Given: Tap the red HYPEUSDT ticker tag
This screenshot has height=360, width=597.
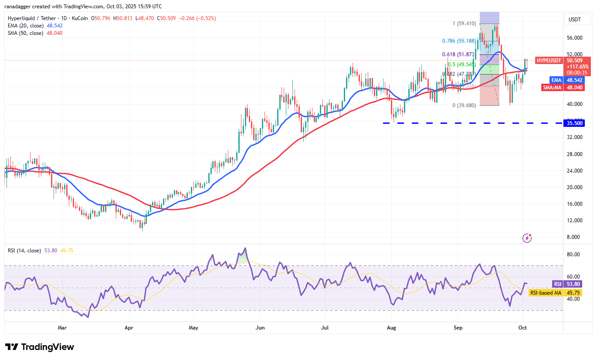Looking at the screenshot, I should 549,61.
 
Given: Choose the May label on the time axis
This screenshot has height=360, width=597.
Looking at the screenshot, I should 194,327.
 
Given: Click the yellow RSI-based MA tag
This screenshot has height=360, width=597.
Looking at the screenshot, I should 545,293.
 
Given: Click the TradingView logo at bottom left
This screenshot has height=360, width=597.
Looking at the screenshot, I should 40,347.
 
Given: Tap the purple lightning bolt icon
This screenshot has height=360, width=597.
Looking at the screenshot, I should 527,238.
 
